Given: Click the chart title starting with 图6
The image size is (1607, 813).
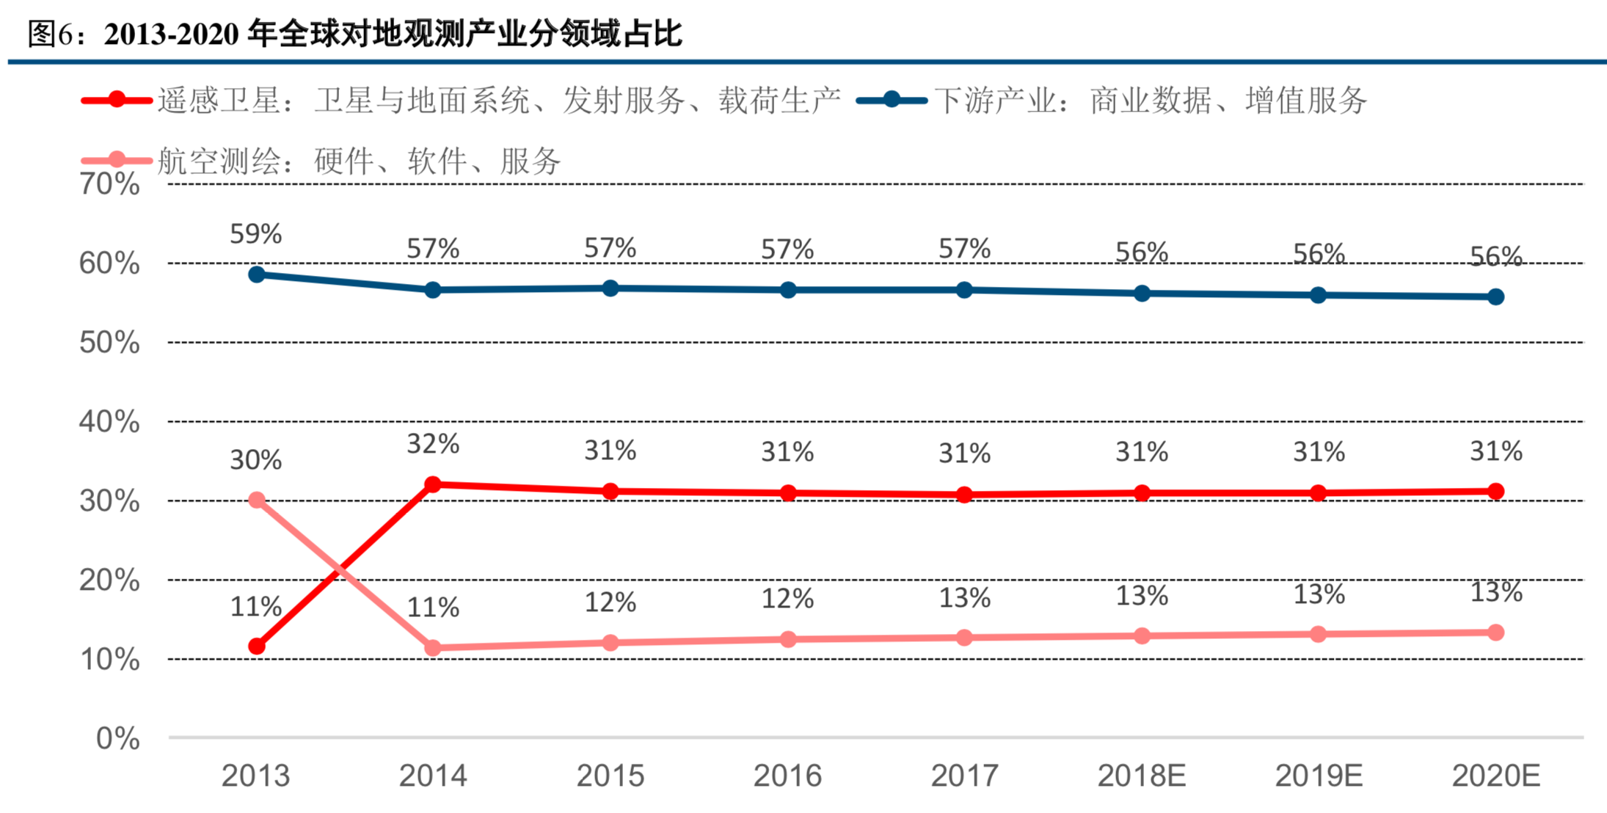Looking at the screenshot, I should (355, 34).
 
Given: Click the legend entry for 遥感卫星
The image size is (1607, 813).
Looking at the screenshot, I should (462, 100).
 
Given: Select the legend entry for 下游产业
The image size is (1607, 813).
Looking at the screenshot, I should (1112, 100).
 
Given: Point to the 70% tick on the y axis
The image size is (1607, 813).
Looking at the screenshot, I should (109, 184).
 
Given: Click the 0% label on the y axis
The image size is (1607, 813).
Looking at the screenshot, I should (117, 738).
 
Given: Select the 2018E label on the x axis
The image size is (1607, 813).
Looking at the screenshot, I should (1141, 776).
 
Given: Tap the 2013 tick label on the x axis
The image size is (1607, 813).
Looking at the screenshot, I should (255, 776).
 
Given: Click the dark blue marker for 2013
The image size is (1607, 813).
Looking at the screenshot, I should (257, 274).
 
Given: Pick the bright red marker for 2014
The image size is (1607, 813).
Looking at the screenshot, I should (433, 484).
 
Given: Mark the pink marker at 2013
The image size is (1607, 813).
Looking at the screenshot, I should (257, 500).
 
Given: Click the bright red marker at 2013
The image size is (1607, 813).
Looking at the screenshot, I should (257, 646).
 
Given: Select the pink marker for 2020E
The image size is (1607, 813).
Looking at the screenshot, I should (1495, 632).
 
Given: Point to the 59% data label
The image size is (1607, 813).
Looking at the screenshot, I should (255, 234).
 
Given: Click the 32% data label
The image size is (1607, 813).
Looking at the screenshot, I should (433, 444).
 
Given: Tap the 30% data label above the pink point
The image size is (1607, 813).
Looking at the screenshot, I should (255, 460).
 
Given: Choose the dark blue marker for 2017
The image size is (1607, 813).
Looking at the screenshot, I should (964, 290).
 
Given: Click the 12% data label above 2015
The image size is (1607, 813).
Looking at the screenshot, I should (610, 602).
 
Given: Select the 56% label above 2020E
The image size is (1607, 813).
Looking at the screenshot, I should (1495, 256).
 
